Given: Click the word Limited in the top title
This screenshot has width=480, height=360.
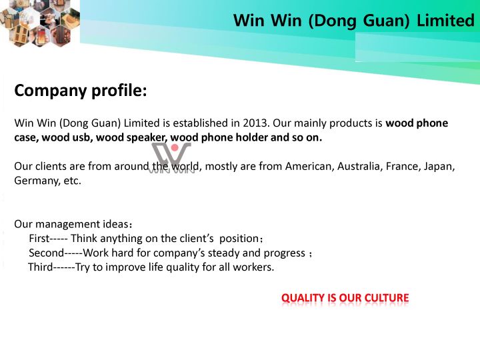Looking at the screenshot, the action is click(x=446, y=21).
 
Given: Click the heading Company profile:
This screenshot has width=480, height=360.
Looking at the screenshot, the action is click(x=81, y=91).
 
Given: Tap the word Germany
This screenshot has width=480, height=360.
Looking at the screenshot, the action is click(x=37, y=181).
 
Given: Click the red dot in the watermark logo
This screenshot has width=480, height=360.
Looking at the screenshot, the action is click(x=175, y=148).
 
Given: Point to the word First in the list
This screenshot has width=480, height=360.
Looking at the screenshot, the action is click(x=39, y=239).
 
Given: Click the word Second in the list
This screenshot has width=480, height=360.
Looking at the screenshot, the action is click(x=46, y=253).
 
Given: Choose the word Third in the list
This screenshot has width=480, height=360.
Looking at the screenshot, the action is click(x=41, y=267).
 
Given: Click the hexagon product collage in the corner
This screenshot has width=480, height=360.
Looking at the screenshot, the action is click(x=40, y=23).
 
